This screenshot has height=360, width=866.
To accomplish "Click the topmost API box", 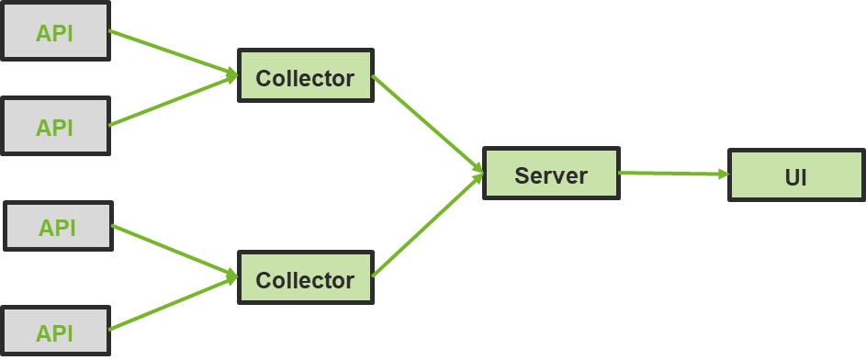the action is pos(55,30).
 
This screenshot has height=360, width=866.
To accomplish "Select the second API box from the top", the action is pos(55,126).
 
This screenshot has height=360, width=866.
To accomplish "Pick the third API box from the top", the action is pos(58,227).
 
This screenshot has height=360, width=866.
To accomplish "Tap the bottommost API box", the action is pos(55,331).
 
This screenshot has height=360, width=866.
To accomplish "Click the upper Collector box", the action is pos(306,75).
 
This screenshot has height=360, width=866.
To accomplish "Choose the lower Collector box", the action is pos(306,277).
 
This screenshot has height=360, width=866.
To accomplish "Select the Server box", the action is pos(551,174).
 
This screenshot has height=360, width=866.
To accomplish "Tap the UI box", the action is pos(796,175).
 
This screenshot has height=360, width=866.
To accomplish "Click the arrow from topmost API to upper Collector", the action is pos(174,52).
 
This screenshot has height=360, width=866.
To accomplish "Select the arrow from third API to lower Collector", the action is pos(174,251).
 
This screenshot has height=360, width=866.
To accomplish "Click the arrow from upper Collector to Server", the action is pos(428,124).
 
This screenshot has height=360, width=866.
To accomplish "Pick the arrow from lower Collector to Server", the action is pos(428,225).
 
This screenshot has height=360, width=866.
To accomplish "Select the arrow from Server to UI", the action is pos(674,174).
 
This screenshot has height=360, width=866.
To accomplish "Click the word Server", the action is pos(551,175).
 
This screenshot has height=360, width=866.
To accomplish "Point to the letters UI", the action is pos(796,178).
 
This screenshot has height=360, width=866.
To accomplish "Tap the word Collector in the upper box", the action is pos(305,78).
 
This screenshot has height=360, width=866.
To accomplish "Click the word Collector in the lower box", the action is pos(305,280).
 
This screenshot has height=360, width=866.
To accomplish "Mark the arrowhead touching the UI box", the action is pos(724,174).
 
